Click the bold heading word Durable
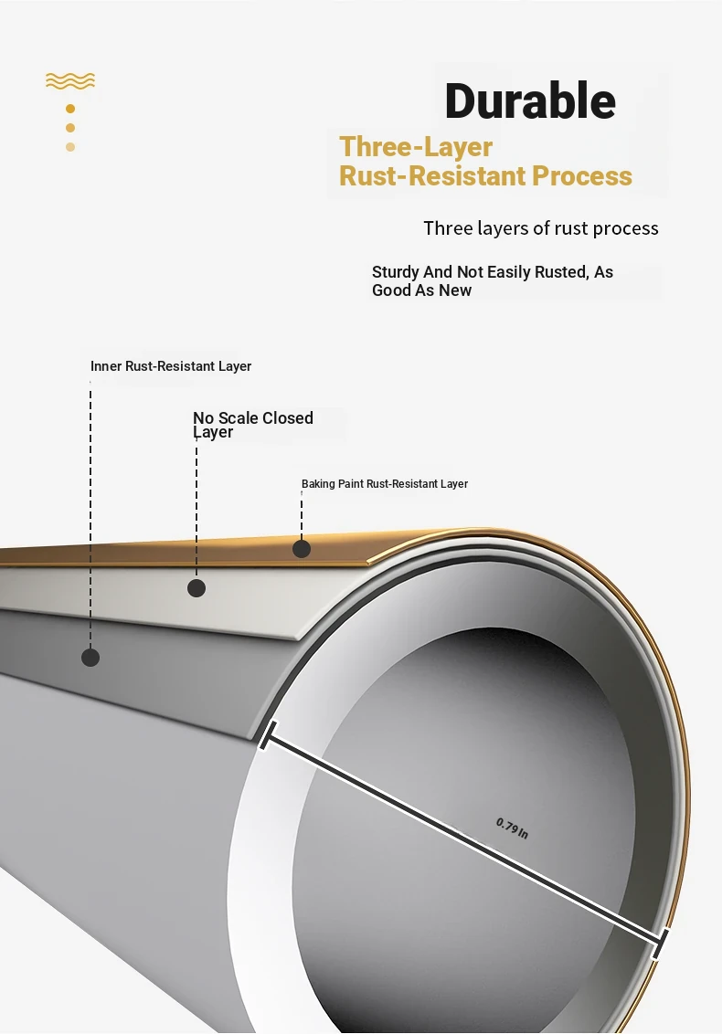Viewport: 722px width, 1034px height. tap(530, 100)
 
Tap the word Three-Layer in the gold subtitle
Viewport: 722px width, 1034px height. tap(416, 147)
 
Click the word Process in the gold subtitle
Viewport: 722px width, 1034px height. tap(582, 175)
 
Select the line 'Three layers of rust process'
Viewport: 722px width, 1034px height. tap(540, 228)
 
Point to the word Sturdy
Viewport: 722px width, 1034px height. tap(395, 272)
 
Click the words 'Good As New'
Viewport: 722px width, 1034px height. tap(421, 290)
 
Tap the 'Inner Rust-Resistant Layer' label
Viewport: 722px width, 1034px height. tap(171, 366)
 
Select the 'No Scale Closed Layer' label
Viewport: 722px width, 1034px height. tap(253, 425)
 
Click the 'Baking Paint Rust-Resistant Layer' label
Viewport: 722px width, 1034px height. tap(385, 484)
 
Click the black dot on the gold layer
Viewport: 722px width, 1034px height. tap(302, 549)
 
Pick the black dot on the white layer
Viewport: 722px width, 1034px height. tap(196, 588)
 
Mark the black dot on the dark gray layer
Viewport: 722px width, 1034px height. tap(90, 658)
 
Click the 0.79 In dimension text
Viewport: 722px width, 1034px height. tap(512, 828)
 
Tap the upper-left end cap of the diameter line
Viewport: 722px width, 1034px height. tap(268, 734)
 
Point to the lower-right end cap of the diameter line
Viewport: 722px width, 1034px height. tap(660, 944)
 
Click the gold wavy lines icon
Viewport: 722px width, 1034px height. tap(70, 80)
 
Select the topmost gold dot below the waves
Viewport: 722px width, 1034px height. tap(70, 108)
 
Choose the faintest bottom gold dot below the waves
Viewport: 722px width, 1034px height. tap(70, 147)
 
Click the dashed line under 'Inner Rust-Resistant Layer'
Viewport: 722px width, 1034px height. tap(90, 518)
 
